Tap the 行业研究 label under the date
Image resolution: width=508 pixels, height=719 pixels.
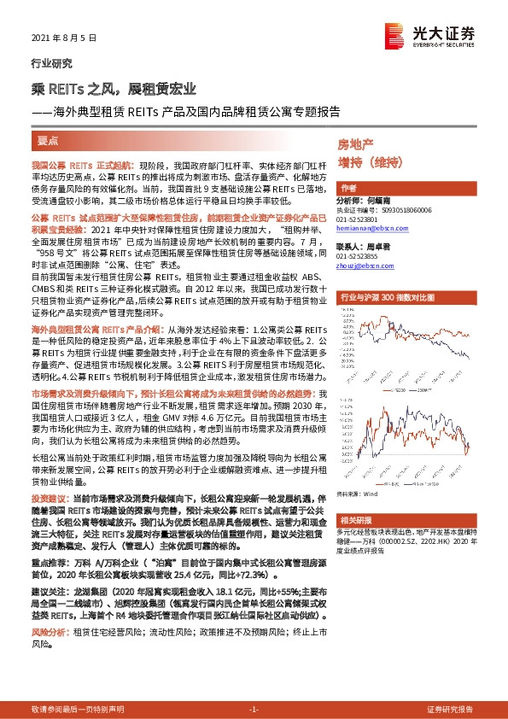(x=47, y=63)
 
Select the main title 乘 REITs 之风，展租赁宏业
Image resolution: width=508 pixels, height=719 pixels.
(x=114, y=89)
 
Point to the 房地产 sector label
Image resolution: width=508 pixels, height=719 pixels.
(x=357, y=145)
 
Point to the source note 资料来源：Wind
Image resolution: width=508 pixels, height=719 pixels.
(x=358, y=494)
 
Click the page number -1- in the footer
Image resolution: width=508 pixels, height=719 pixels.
(x=254, y=710)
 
